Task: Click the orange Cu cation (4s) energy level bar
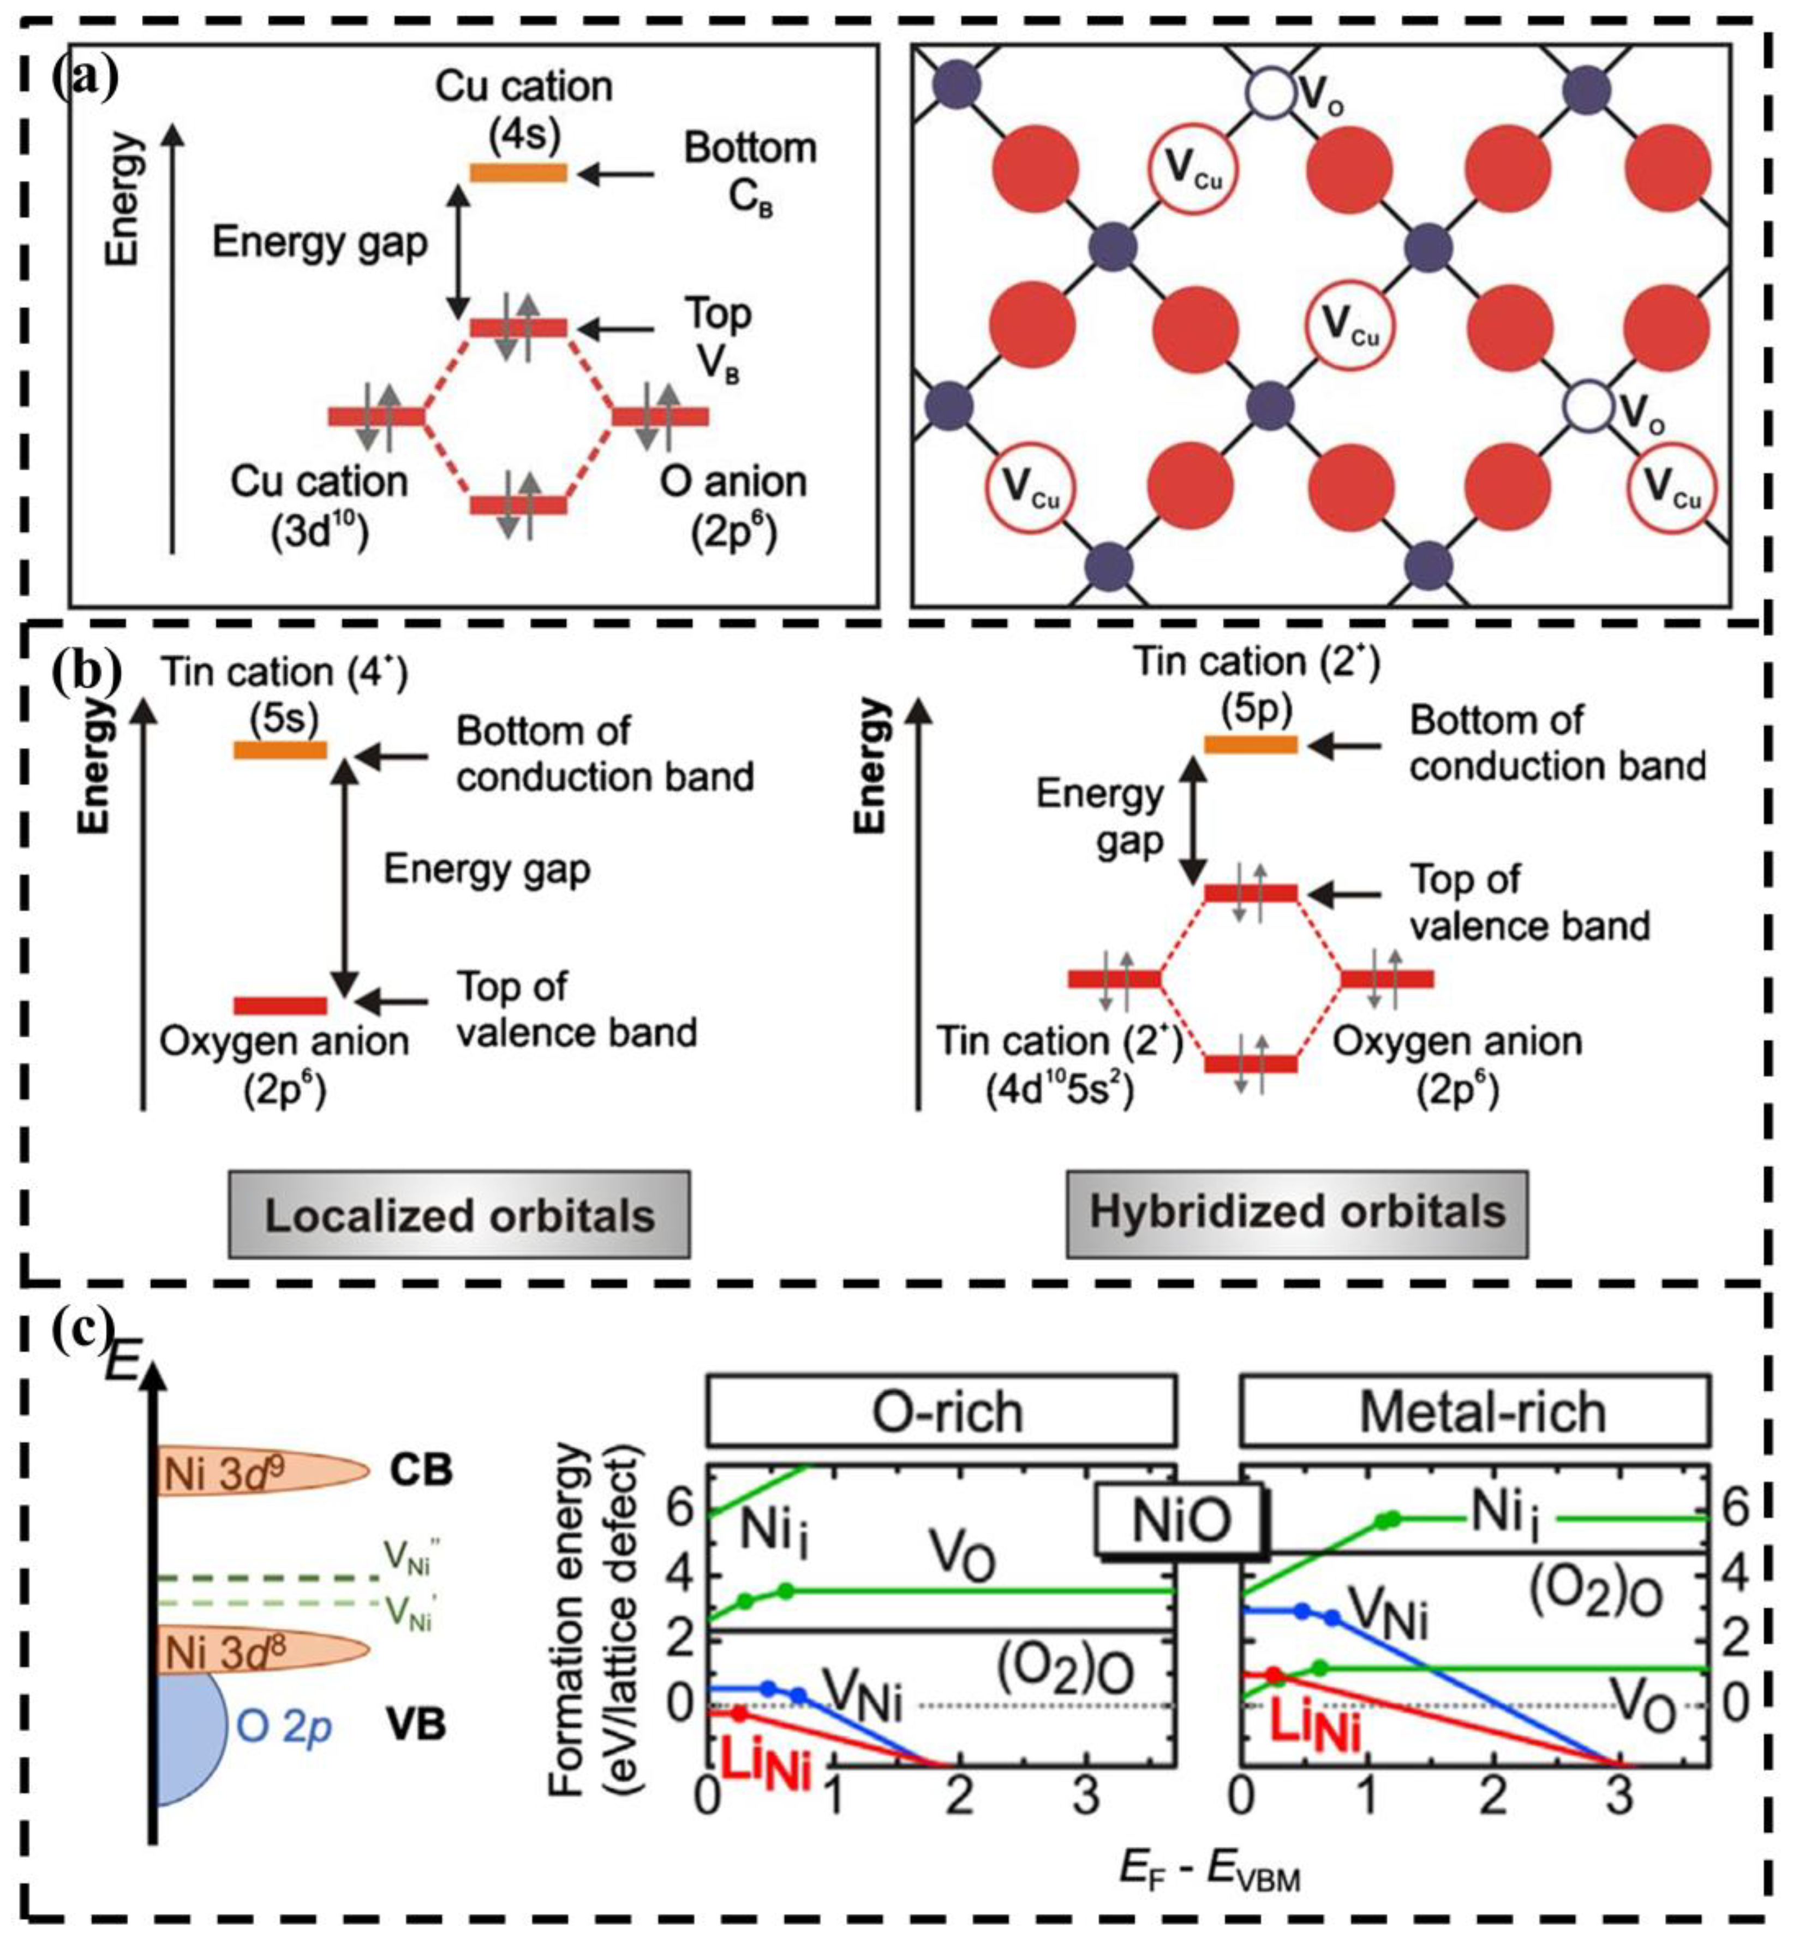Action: tap(518, 173)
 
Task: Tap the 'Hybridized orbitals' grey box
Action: tap(1296, 1213)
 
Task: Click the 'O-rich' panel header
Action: tap(941, 1411)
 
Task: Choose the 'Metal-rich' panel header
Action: tap(1475, 1411)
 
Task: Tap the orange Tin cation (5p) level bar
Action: tap(1251, 745)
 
